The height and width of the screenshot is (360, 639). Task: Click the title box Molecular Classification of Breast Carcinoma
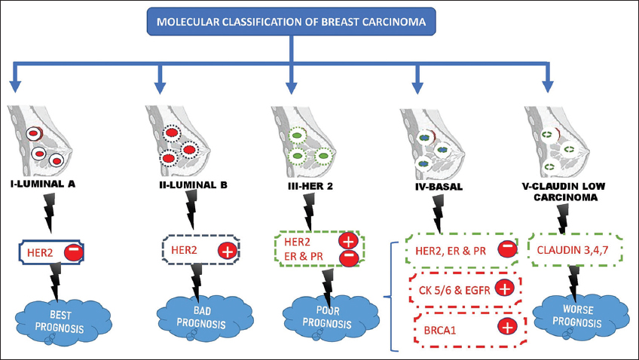pos(291,22)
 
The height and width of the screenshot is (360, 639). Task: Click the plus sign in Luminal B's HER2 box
pos(226,251)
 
